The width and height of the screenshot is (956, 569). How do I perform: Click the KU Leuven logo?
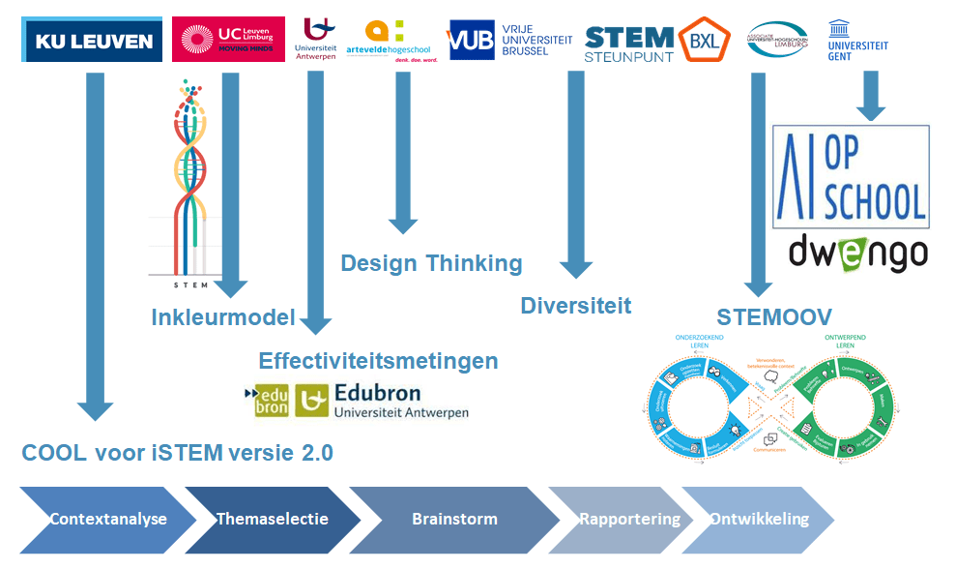click(x=93, y=41)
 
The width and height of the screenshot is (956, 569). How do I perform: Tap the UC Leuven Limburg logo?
click(x=228, y=40)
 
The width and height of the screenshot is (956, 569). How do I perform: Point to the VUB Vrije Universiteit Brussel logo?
click(x=508, y=40)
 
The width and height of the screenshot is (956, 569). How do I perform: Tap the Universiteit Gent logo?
click(x=857, y=39)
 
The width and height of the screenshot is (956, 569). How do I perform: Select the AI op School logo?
click(x=852, y=176)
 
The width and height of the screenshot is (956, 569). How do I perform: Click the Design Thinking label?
click(x=431, y=263)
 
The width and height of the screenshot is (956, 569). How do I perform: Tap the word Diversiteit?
click(x=575, y=306)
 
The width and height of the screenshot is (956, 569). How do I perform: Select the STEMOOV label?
click(x=774, y=317)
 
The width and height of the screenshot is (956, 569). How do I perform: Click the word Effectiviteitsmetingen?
click(x=378, y=361)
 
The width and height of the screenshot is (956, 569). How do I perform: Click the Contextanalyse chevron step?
click(x=107, y=519)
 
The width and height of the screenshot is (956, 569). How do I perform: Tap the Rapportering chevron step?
click(x=628, y=519)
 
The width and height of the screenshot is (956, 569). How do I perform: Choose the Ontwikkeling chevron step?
click(x=759, y=519)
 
